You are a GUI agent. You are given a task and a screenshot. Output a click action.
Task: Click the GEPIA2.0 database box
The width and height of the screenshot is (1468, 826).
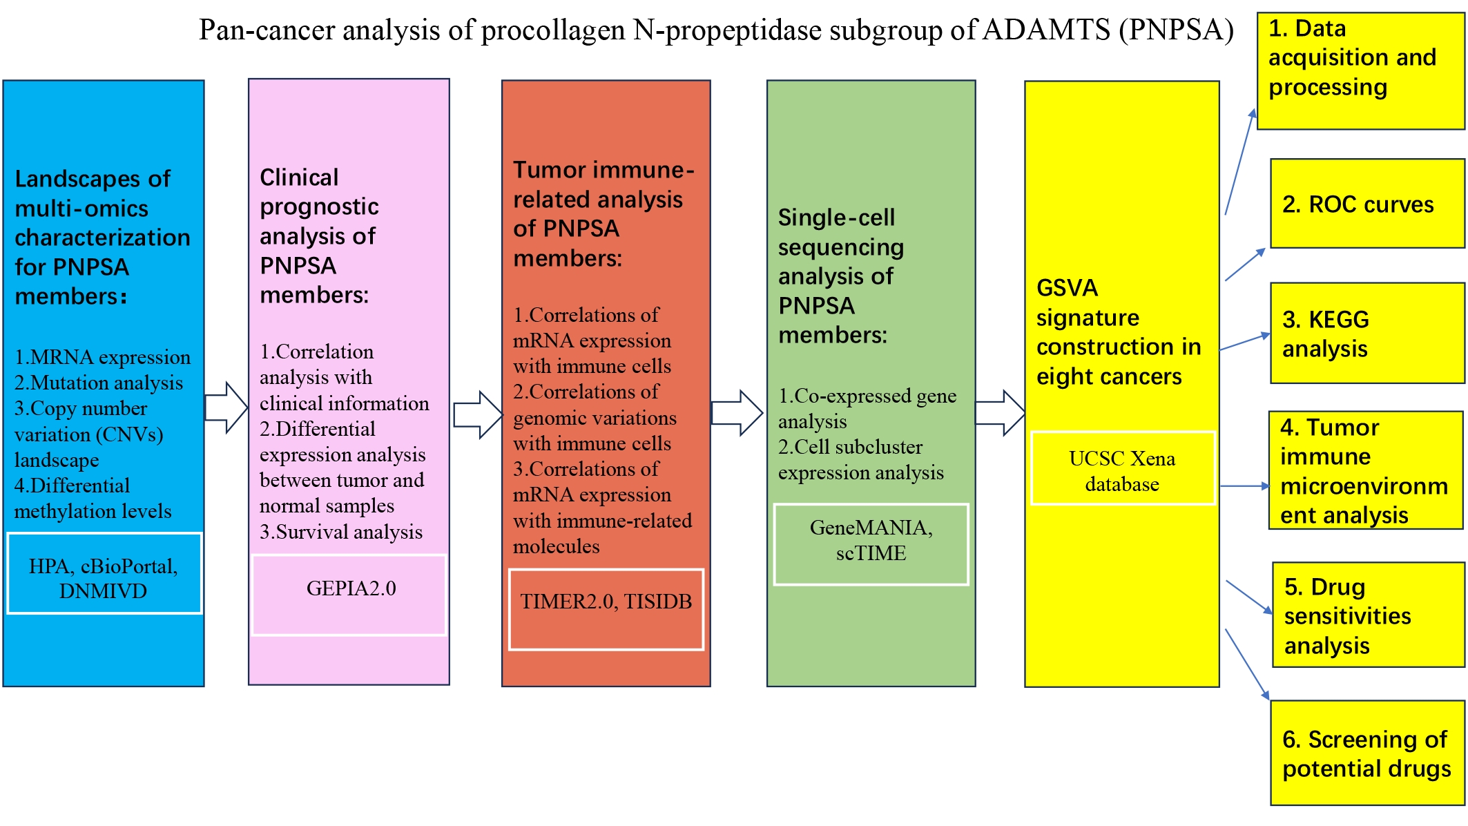point(349,595)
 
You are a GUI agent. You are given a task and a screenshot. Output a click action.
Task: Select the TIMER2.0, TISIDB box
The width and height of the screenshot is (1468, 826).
point(606,609)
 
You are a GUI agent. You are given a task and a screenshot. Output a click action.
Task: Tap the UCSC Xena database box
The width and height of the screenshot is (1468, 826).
point(1123,468)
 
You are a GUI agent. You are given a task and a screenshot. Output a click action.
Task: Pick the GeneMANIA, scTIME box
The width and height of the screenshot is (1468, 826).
point(871,544)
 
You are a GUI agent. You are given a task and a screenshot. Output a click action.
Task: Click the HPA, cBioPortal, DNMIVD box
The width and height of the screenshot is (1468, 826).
point(104,573)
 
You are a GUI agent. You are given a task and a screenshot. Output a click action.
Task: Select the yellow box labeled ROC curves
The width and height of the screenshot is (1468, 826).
point(1367,204)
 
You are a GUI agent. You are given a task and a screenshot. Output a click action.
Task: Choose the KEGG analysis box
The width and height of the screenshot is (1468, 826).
point(1367,333)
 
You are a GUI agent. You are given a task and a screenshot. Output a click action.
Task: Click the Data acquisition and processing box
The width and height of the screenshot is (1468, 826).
point(1360,70)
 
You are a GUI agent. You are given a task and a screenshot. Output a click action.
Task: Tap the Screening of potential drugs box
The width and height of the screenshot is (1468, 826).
point(1367,753)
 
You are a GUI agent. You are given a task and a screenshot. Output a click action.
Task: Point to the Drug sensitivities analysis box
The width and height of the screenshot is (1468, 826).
point(1369,615)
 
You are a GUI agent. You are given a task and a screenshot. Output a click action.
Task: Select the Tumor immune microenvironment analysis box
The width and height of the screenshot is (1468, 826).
point(1366,470)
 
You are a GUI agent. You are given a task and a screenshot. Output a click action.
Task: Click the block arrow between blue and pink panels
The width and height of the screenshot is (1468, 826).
point(226,408)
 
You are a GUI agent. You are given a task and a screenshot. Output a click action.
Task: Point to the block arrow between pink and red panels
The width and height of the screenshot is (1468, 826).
point(479,415)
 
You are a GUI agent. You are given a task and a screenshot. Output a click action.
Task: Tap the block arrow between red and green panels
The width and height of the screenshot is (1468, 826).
point(737,413)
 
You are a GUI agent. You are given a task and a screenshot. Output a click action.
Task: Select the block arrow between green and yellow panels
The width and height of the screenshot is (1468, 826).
point(1001,413)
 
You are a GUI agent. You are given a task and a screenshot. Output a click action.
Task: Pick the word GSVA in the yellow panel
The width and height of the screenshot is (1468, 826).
point(1067,287)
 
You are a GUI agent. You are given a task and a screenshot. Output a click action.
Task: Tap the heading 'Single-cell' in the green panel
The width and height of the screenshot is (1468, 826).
point(836,218)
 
